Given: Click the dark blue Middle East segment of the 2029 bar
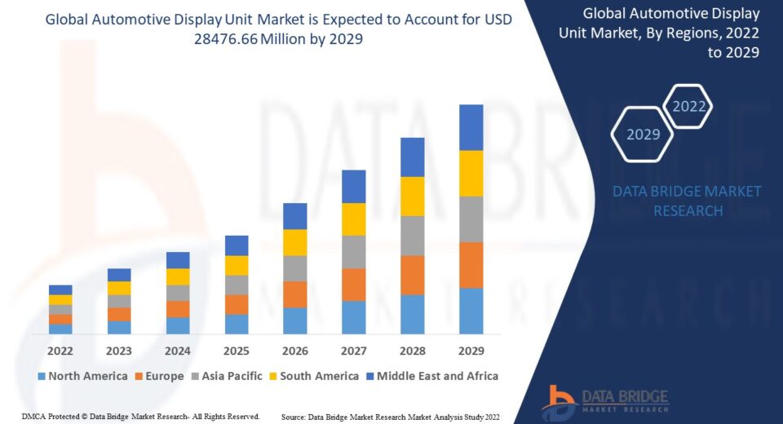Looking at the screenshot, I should (471, 127).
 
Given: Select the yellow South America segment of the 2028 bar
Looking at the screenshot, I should (412, 196).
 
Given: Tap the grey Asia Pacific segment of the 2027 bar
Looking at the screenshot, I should (353, 252).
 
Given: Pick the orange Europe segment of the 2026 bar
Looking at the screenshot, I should (294, 294).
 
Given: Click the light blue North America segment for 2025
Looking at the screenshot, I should (237, 324).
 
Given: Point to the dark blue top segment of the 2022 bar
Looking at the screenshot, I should (60, 289).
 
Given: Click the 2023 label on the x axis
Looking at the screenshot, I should (119, 351).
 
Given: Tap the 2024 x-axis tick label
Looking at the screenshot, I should (178, 351).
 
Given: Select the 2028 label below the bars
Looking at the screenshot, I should (412, 351).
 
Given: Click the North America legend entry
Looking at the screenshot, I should (82, 376).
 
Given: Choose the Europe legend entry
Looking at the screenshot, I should (159, 376).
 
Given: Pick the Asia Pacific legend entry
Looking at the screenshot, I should (227, 376).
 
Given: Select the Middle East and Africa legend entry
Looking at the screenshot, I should (431, 376).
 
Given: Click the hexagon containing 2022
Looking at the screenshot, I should (688, 106).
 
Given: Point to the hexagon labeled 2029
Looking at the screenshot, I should (643, 135).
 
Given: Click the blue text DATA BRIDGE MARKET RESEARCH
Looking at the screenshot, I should (687, 201).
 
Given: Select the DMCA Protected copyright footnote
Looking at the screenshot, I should (140, 417).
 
